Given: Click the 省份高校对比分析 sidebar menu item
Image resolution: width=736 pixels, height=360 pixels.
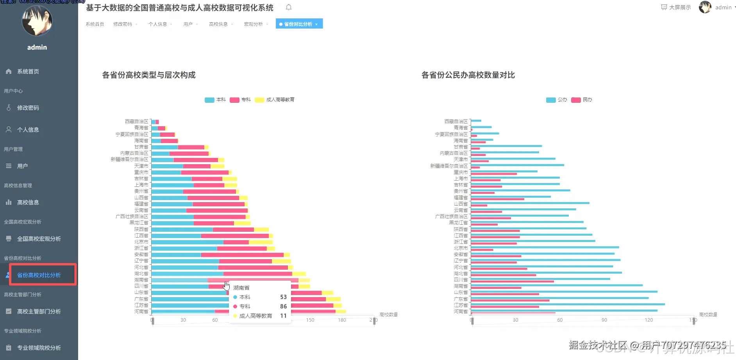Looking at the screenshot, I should (39, 275).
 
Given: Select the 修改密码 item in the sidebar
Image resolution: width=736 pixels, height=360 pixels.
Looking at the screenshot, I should (28, 108).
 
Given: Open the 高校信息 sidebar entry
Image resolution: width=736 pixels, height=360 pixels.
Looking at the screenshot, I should (28, 202).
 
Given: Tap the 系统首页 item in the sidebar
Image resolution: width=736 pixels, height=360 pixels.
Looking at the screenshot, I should (28, 72).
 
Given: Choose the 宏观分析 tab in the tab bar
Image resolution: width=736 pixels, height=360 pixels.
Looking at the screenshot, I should (253, 24).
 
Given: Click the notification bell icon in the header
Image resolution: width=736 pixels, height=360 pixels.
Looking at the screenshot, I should (289, 7).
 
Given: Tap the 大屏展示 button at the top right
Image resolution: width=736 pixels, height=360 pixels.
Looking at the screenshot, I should (676, 7).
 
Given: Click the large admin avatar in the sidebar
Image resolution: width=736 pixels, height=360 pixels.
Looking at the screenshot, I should (37, 21).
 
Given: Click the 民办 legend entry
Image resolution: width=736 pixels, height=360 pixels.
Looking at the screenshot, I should (582, 100).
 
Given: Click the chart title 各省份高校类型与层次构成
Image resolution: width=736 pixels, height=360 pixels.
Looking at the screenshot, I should (148, 75).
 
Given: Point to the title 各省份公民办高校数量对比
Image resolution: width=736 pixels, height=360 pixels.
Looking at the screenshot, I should (468, 75).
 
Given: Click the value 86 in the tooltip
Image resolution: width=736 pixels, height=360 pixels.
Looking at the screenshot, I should (283, 306).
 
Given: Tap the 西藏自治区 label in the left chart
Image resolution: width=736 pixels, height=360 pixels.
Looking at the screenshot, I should (136, 122).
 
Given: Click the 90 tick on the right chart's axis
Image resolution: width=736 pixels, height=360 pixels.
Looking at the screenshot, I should (604, 320).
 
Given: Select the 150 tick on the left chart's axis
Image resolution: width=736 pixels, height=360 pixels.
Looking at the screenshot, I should (310, 320).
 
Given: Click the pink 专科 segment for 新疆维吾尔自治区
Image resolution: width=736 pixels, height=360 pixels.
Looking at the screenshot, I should (195, 160).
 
